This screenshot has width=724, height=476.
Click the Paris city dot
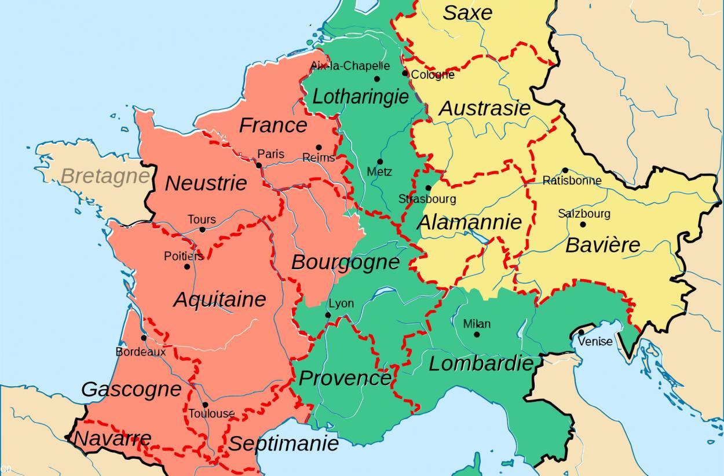pyautogui.click(x=258, y=165)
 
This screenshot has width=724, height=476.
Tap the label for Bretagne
pyautogui.click(x=105, y=175)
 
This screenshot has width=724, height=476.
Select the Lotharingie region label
pyautogui.click(x=360, y=96)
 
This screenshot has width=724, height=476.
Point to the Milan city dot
pyautogui.click(x=477, y=334)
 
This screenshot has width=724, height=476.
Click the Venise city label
pyautogui.click(x=595, y=342)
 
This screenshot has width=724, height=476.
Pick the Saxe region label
pyautogui.click(x=467, y=13)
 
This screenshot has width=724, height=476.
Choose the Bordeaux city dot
pyautogui.click(x=144, y=338)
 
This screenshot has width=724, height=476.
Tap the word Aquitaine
pyautogui.click(x=220, y=299)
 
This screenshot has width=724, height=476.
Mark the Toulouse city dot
pyautogui.click(x=205, y=405)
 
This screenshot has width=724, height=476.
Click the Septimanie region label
pyautogui.click(x=283, y=444)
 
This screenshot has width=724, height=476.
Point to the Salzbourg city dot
pyautogui.click(x=583, y=225)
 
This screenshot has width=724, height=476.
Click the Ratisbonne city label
pyautogui.click(x=572, y=180)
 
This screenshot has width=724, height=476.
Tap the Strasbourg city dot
pyautogui.click(x=428, y=188)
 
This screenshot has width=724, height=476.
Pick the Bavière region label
pyautogui.click(x=602, y=245)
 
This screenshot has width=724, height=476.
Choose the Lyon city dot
pyautogui.click(x=328, y=315)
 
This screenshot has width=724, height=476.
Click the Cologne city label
pyautogui.click(x=433, y=75)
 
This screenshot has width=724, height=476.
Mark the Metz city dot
pyautogui.click(x=380, y=162)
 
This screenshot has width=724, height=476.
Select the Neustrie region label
pyautogui.click(x=206, y=184)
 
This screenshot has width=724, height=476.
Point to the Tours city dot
pyautogui.click(x=202, y=230)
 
